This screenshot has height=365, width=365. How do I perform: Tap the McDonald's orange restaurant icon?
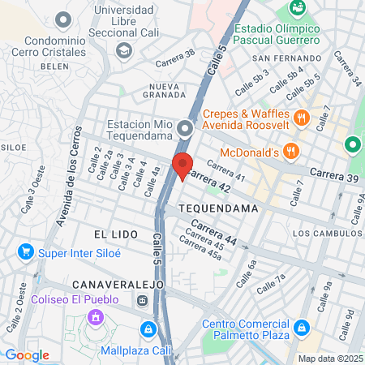[x=292, y=152]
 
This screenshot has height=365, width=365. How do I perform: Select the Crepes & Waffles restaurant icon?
[x=302, y=117]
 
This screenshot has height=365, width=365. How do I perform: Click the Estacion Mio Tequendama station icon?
[x=186, y=128]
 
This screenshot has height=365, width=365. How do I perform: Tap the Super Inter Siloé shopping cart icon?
[x=26, y=251]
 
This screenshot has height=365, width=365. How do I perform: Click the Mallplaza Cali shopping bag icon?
[x=148, y=329]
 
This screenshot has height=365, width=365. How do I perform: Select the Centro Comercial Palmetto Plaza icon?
[x=302, y=328]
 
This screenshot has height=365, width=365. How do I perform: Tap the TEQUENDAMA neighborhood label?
[x=217, y=208]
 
